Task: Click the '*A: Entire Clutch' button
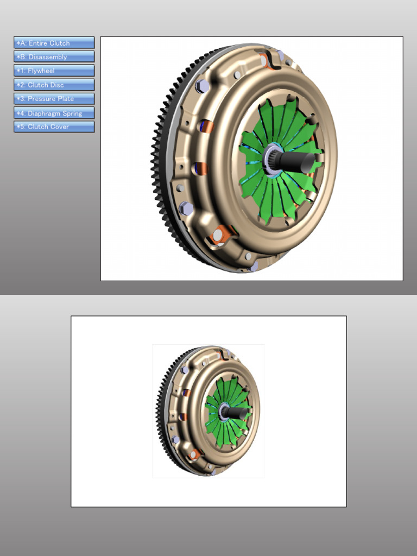coord(54,43)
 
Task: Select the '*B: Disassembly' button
coord(54,57)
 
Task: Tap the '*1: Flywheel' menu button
coord(54,71)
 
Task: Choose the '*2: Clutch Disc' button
coord(54,85)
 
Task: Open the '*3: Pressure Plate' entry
coord(54,99)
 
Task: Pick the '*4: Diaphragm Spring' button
coord(54,113)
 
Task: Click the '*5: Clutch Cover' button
coord(54,127)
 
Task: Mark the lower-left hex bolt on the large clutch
coord(185,207)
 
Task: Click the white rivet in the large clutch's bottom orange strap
coord(218,235)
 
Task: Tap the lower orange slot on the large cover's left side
coord(199,168)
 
